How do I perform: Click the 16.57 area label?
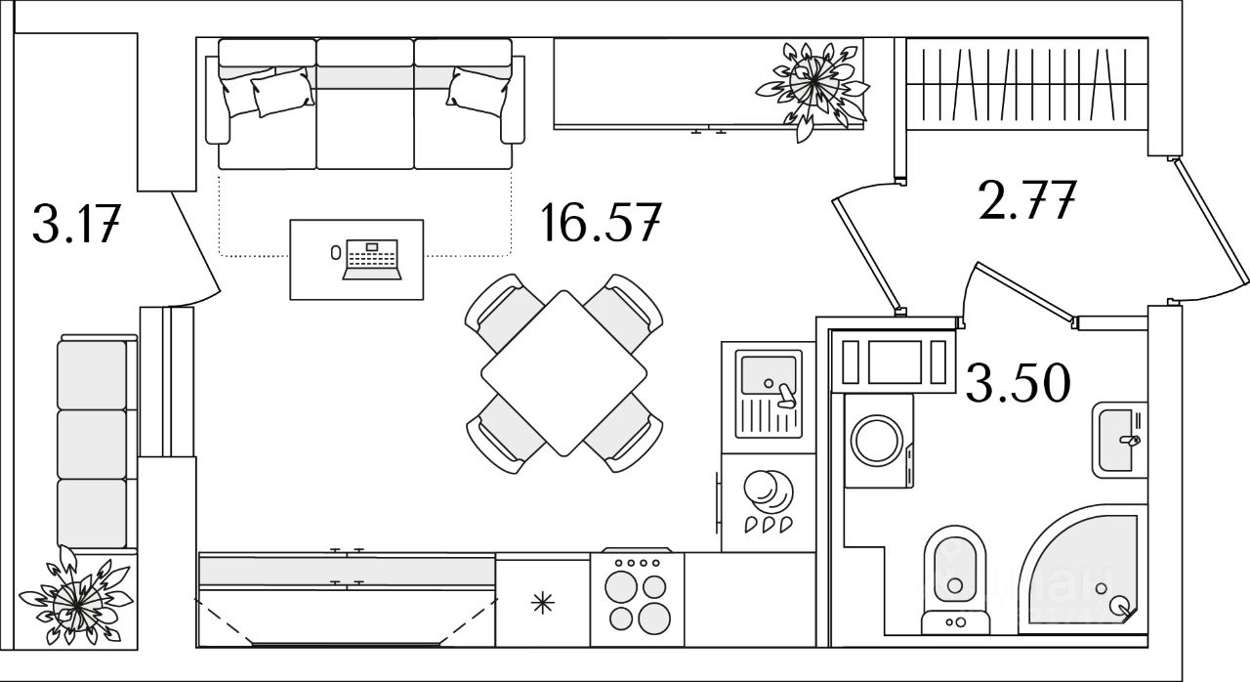pyautogui.click(x=602, y=224)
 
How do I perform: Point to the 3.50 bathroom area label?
pyautogui.click(x=1018, y=383)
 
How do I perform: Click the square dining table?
pyautogui.click(x=563, y=372)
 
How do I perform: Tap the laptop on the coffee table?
pyautogui.click(x=372, y=258)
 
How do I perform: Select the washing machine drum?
pyautogui.click(x=877, y=441)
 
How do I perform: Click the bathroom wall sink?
pyautogui.click(x=1117, y=439)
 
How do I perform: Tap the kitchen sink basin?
pyautogui.click(x=769, y=374)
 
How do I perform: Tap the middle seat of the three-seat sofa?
pyautogui.click(x=365, y=117)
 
